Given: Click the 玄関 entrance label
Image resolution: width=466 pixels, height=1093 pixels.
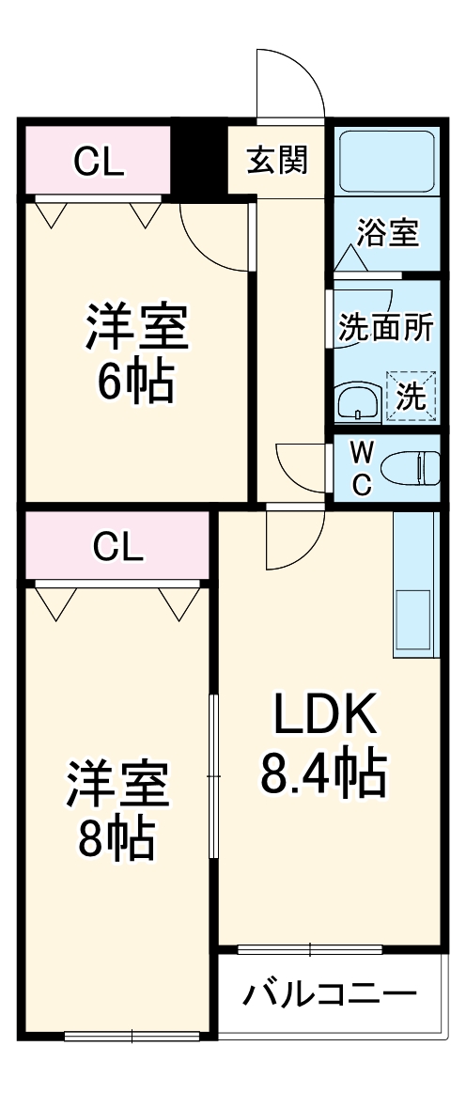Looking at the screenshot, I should [277, 161].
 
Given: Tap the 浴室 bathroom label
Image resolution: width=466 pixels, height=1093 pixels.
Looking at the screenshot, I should [387, 233].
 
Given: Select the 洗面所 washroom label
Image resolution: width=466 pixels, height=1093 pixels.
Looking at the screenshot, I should [385, 329].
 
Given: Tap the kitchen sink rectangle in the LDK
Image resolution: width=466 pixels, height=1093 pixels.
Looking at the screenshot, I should [413, 622].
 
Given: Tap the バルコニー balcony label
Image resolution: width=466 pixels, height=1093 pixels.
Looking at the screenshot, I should [329, 994].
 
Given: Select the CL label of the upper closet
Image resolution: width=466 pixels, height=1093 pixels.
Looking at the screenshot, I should [99, 164].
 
